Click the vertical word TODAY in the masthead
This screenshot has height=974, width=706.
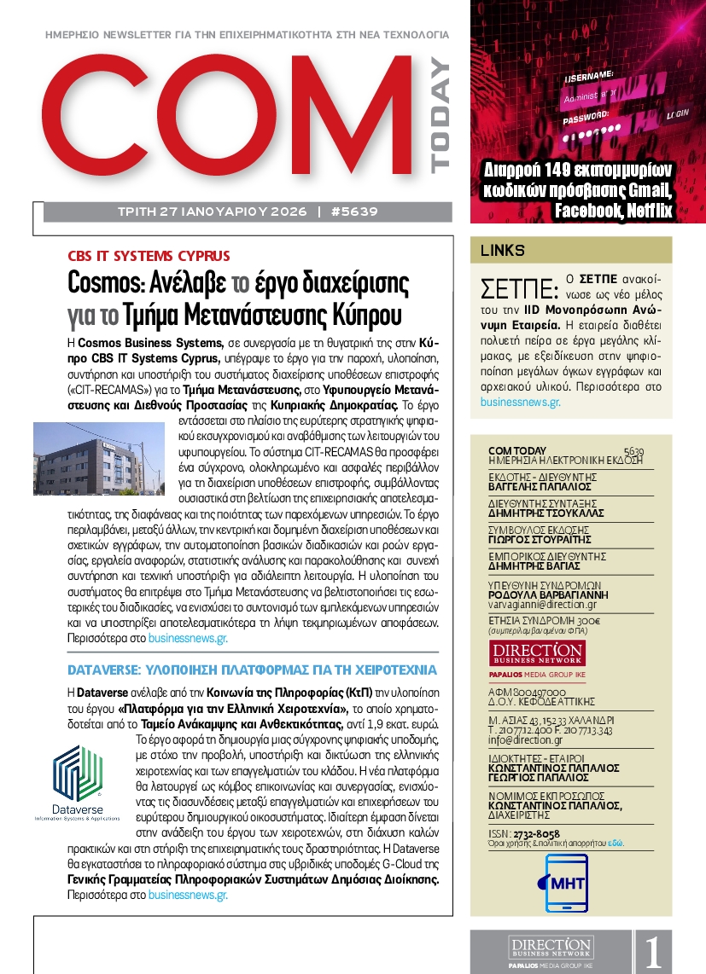(x=439, y=115)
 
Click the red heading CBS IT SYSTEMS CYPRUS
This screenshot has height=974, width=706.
(x=149, y=256)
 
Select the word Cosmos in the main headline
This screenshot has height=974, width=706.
(x=104, y=282)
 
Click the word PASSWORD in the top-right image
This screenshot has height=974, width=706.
(x=585, y=113)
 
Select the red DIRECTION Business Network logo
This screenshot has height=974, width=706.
(x=537, y=653)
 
